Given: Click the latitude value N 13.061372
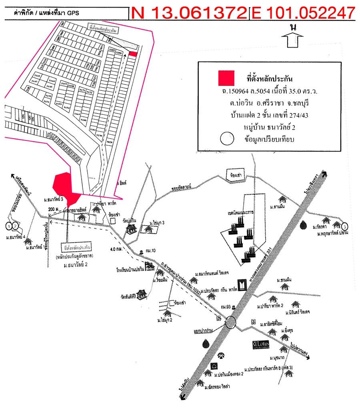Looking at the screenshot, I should [189, 13].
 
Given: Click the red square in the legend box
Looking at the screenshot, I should [226, 78].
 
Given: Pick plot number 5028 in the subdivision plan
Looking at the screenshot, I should [110, 142].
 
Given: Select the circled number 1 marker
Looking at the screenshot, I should [9, 226].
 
